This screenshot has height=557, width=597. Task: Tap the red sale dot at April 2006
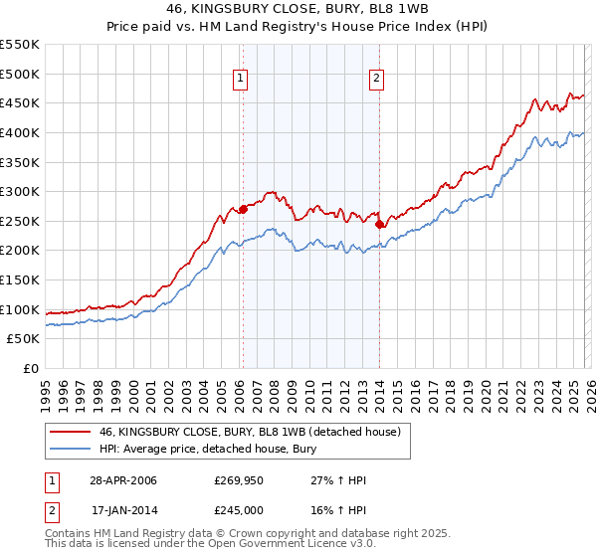243,209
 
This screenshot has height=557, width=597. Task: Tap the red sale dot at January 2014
379,224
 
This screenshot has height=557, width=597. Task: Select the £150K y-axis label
20,279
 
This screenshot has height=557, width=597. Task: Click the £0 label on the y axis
30,368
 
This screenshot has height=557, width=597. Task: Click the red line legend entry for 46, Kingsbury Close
249,432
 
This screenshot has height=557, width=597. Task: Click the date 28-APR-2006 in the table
123,481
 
